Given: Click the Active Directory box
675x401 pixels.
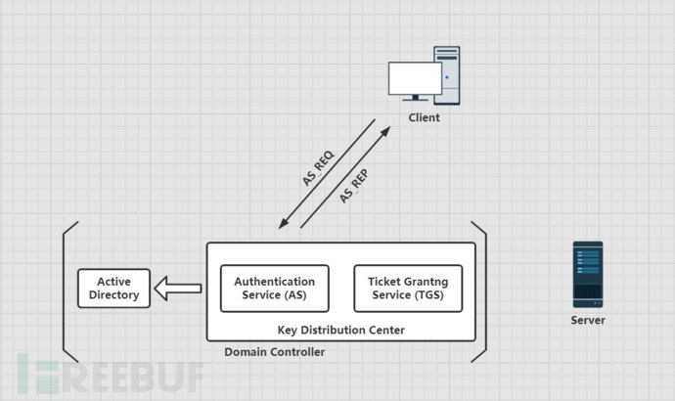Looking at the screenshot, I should [x=113, y=288].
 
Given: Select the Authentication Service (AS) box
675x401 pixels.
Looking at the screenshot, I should [x=274, y=288].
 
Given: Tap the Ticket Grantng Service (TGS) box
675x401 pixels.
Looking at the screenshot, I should [x=408, y=288].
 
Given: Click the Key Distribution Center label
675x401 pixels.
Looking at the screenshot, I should [x=340, y=330].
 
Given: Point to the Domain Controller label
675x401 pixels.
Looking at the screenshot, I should [x=274, y=352].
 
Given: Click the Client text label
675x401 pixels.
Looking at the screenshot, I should [x=424, y=118].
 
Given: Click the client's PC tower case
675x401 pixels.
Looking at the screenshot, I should [x=446, y=73].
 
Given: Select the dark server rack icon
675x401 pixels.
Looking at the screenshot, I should [x=588, y=274].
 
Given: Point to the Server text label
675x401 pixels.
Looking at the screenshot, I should [x=588, y=320].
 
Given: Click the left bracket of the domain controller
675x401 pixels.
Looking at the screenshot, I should [x=67, y=291].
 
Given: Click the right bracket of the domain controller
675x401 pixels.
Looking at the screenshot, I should [x=482, y=291].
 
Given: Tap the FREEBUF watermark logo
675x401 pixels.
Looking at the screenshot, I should [x=110, y=375].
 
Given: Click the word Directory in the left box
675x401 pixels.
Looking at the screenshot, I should [x=113, y=294].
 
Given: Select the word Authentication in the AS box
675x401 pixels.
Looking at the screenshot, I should [x=274, y=281].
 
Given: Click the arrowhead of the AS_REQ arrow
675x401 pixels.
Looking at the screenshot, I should [x=282, y=223].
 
